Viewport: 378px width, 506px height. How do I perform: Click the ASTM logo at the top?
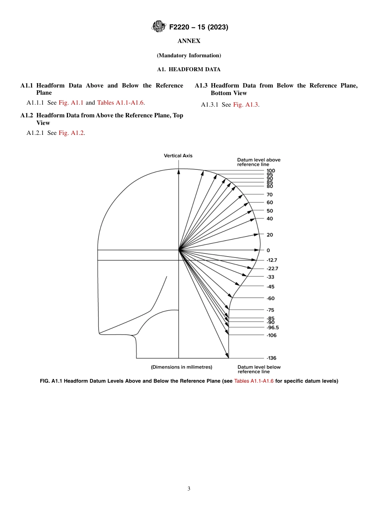coord(159,27)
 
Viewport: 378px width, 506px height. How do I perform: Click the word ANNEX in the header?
coord(189,41)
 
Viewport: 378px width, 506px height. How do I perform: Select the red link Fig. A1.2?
coord(72,133)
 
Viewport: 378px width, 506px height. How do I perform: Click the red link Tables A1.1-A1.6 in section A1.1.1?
coord(120,103)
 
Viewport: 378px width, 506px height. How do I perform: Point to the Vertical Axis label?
coord(178,156)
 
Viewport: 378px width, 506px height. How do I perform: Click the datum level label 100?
coord(271,171)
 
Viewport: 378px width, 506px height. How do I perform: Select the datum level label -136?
coord(271,358)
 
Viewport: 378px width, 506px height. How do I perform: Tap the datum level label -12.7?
coord(272,260)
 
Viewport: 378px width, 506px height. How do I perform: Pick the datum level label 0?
coord(268,250)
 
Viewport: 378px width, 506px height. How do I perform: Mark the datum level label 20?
coord(270,235)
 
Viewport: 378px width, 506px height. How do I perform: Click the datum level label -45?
coord(271,287)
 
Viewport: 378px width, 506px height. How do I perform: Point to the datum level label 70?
coord(270,195)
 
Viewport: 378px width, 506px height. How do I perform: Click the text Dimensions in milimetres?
coord(181,367)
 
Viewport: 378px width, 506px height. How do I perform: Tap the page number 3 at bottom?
coord(189,488)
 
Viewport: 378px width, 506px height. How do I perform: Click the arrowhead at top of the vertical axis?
coord(179,171)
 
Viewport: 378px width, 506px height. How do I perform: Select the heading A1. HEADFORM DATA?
coord(189,69)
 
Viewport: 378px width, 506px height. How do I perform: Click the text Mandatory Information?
coord(189,55)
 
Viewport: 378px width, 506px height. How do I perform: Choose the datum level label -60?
coord(271,298)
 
